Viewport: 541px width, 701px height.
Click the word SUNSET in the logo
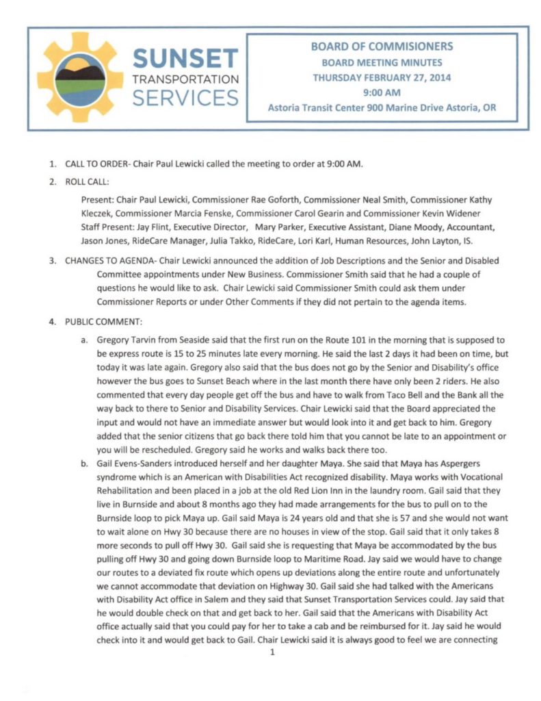tap(186, 58)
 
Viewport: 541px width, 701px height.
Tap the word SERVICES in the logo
tap(185, 98)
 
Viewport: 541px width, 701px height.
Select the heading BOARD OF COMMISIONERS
tap(382, 47)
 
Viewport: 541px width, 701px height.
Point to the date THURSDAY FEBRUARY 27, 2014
tap(382, 77)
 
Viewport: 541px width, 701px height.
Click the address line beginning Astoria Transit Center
tap(382, 108)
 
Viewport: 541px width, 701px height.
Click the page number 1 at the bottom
tap(272, 652)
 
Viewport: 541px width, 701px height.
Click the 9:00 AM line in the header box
tap(382, 92)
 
